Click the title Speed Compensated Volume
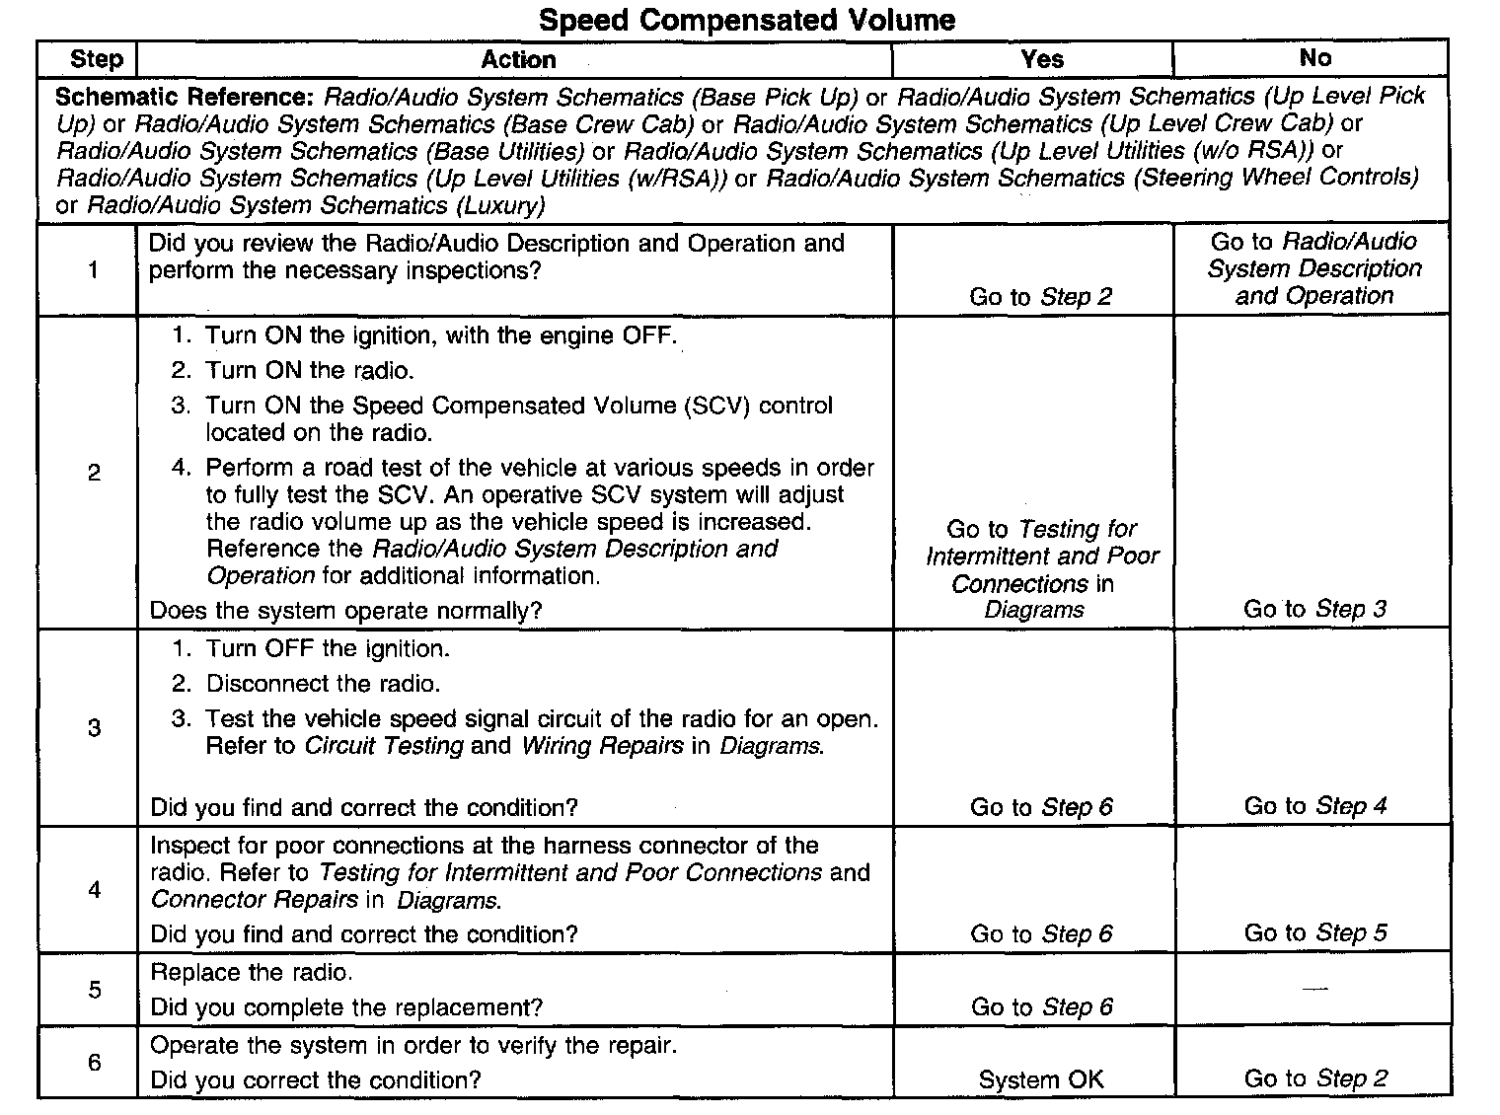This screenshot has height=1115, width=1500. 747,20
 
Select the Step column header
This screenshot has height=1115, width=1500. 96,59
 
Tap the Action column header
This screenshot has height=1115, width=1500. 518,60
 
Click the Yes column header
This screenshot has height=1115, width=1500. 1042,60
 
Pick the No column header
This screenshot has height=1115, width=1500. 1314,59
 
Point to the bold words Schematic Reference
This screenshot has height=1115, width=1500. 184,98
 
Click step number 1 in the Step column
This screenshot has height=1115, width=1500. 94,269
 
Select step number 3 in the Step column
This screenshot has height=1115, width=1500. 94,728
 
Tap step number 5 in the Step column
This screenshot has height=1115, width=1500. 94,989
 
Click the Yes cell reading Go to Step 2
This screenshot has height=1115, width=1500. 1040,297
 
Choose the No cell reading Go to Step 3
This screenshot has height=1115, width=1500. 1314,609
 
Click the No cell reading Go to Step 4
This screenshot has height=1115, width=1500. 1314,806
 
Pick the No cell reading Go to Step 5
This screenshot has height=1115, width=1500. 1314,932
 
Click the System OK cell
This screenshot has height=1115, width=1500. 1040,1079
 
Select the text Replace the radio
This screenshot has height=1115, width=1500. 251,973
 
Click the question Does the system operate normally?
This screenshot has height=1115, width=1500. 345,611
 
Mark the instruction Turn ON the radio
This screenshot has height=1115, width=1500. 309,371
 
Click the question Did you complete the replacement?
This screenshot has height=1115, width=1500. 346,1007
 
